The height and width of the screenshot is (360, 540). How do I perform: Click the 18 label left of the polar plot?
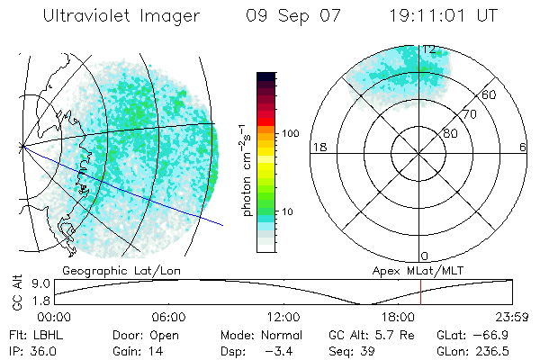(318, 147)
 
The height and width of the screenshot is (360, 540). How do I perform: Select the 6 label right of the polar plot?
(523, 147)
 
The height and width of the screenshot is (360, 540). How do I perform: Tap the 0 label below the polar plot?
(425, 256)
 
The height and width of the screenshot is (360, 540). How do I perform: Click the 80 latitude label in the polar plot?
(450, 133)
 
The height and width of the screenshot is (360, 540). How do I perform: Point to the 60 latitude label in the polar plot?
(490, 94)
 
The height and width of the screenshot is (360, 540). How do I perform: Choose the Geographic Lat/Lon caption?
(113, 270)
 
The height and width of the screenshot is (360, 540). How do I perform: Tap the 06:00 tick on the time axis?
(169, 317)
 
